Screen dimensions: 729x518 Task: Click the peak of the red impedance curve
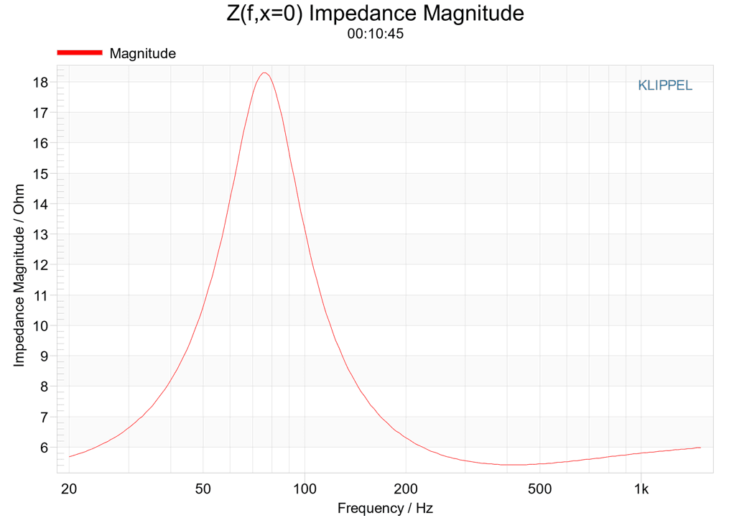tap(264, 73)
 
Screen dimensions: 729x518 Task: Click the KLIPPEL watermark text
tap(665, 85)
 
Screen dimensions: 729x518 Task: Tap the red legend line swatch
tap(80, 52)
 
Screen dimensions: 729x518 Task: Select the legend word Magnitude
tap(143, 53)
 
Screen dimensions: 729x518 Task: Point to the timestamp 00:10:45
tap(375, 34)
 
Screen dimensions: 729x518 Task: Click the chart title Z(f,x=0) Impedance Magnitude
tap(375, 13)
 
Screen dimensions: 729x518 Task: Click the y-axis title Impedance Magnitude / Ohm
tap(19, 275)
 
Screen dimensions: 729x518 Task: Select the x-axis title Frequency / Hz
tap(385, 508)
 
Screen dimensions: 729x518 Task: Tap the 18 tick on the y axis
tap(40, 83)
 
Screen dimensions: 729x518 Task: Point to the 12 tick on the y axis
tap(40, 265)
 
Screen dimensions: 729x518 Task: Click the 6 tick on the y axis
tap(44, 448)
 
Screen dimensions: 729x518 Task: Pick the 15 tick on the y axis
tap(40, 174)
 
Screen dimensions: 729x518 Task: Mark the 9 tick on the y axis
tap(44, 356)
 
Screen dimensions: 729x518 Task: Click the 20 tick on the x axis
tap(69, 489)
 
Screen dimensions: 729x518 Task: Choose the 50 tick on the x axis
tap(203, 489)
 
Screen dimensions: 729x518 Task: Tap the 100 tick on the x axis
tap(305, 489)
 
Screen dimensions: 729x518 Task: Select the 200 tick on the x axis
tap(406, 489)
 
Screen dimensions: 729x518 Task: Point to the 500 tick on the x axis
tap(540, 489)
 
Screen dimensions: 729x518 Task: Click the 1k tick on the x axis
tap(641, 489)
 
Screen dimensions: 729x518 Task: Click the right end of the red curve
tap(700, 448)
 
